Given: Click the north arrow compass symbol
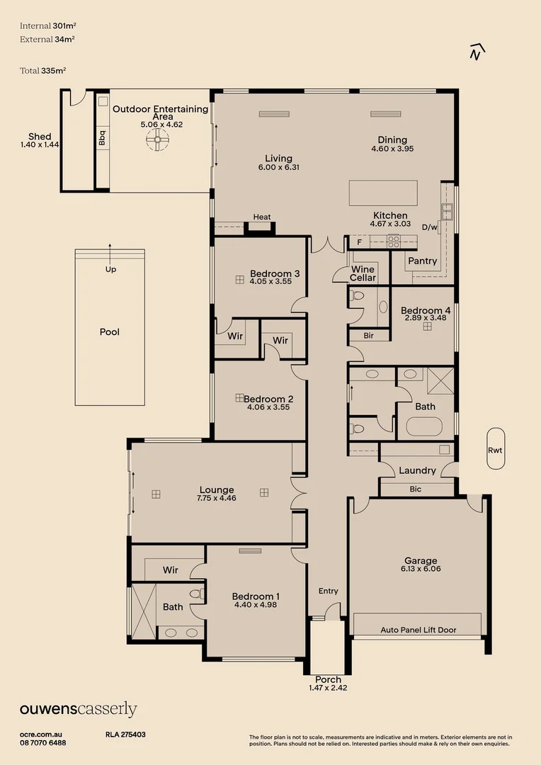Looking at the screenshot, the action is pyautogui.click(x=477, y=52).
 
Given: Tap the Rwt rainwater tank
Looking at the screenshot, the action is pyautogui.click(x=496, y=449).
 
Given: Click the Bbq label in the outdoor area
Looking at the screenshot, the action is pyautogui.click(x=102, y=137).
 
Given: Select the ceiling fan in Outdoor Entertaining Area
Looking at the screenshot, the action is pyautogui.click(x=158, y=140).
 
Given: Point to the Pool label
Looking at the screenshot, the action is pyautogui.click(x=109, y=331).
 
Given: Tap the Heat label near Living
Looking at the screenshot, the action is pyautogui.click(x=262, y=217).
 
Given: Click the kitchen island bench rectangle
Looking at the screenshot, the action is pyautogui.click(x=383, y=193).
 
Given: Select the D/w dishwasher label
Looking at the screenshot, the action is pyautogui.click(x=430, y=227).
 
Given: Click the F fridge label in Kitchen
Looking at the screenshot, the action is pyautogui.click(x=359, y=242).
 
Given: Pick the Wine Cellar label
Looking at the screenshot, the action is pyautogui.click(x=363, y=273).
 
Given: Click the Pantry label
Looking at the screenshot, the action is pyautogui.click(x=423, y=261).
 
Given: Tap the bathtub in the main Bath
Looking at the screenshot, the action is pyautogui.click(x=424, y=427).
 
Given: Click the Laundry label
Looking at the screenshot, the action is pyautogui.click(x=417, y=470).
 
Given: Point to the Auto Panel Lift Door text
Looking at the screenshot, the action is pyautogui.click(x=418, y=630).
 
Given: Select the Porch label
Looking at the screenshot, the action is pyautogui.click(x=328, y=679).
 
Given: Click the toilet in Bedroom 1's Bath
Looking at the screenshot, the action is pyautogui.click(x=198, y=594).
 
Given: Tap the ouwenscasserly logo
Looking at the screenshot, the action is pyautogui.click(x=78, y=709).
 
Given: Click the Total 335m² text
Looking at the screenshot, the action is pyautogui.click(x=43, y=71).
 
